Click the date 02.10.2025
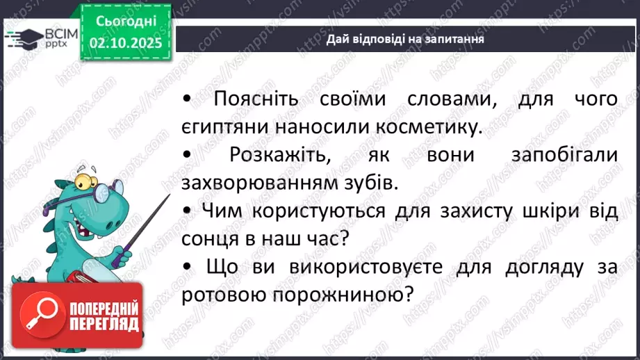tap(126, 42)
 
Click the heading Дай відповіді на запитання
tap(405, 40)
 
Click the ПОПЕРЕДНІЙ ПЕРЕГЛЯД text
tap(104, 316)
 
